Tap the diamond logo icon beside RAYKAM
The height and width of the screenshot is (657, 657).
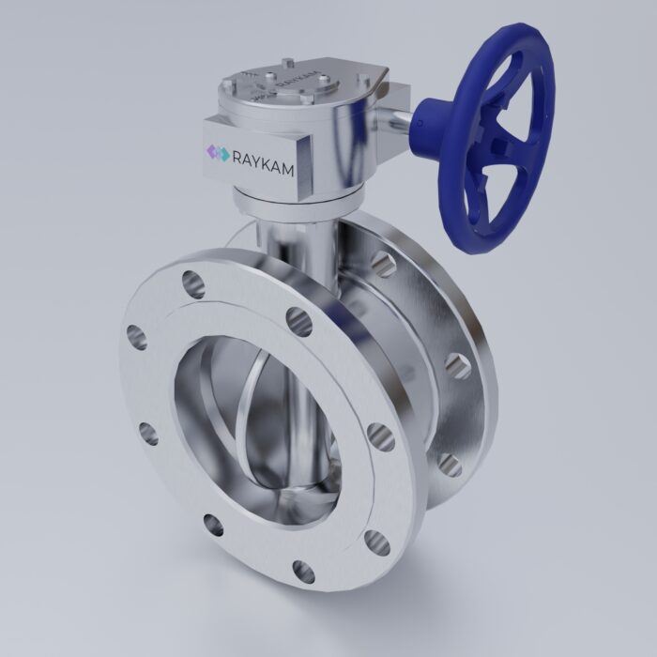click(218, 152)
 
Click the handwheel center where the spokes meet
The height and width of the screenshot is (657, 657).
click(497, 141)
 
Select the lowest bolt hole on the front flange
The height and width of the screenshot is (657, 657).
click(304, 570)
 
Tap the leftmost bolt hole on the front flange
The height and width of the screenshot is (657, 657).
click(135, 335)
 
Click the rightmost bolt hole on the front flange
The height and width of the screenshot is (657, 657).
click(381, 434)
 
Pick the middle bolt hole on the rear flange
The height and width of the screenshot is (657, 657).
click(458, 364)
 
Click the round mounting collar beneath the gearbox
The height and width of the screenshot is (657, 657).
click(296, 197)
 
